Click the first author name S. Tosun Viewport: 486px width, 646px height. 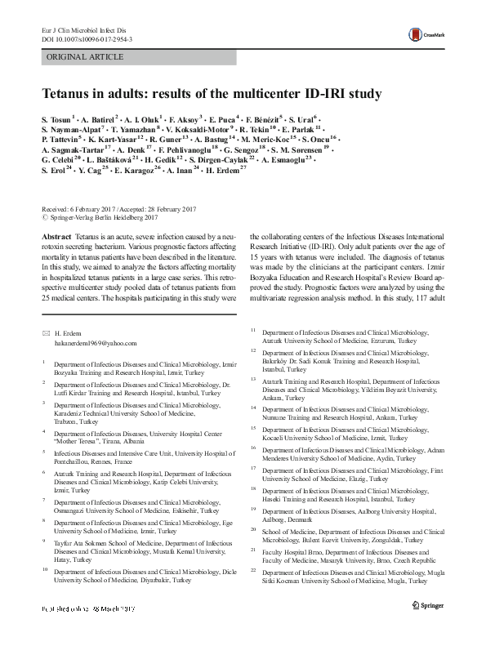pyautogui.click(x=63, y=118)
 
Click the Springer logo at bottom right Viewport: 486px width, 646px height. pyautogui.click(x=429, y=632)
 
